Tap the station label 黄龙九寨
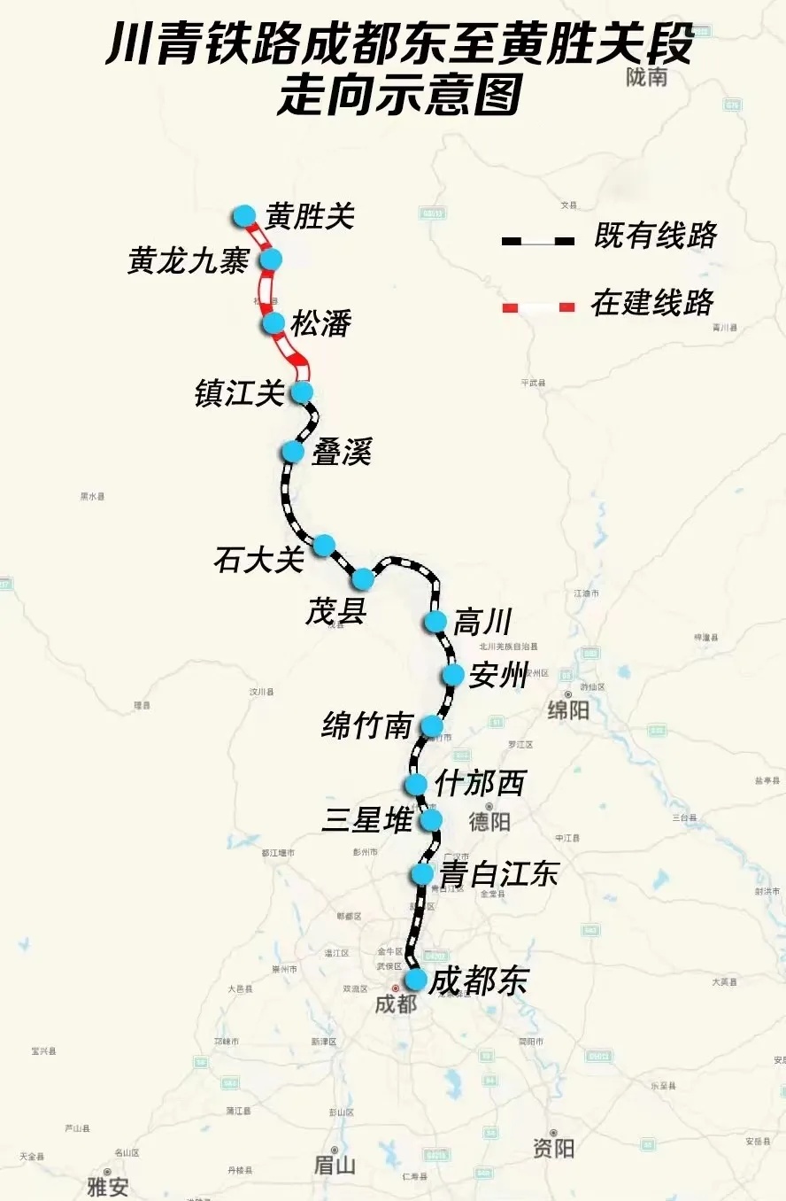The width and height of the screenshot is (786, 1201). coord(188,261)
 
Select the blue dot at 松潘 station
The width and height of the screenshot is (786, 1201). coord(274,323)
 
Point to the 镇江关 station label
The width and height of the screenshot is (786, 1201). coord(239,393)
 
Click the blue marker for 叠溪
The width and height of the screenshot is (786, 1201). coord(293,452)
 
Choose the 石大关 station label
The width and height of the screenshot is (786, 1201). coord(258,560)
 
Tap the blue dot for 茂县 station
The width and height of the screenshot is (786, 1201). coord(363,579)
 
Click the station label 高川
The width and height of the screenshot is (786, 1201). coord(482,623)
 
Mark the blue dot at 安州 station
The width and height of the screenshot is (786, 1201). coord(453,675)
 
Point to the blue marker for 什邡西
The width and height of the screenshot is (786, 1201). coord(415,785)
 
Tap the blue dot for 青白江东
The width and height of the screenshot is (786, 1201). coord(422,874)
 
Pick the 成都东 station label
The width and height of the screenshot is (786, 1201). coord(478,981)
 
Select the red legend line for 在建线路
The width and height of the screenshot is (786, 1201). coord(538,306)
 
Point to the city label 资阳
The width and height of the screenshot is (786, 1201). coord(554,1149)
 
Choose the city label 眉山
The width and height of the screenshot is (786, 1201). coord(335,1165)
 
